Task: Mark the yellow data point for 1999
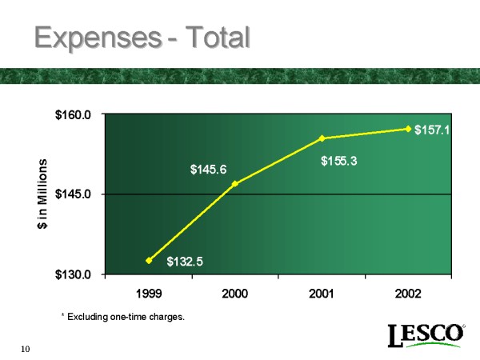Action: pyautogui.click(x=149, y=260)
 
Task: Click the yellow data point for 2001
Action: pyautogui.click(x=322, y=138)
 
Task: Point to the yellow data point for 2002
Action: pyautogui.click(x=408, y=129)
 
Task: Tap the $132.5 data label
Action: pyautogui.click(x=185, y=261)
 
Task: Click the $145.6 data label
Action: pyautogui.click(x=208, y=169)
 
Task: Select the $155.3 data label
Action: pyautogui.click(x=338, y=161)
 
